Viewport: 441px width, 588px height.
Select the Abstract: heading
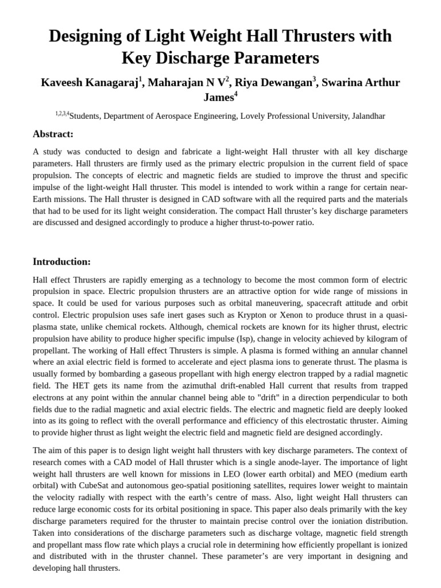point(53,134)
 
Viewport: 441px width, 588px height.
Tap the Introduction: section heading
point(62,261)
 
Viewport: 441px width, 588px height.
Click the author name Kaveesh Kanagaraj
point(89,82)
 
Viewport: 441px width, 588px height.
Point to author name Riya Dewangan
point(275,82)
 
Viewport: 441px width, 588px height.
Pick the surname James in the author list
point(218,97)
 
